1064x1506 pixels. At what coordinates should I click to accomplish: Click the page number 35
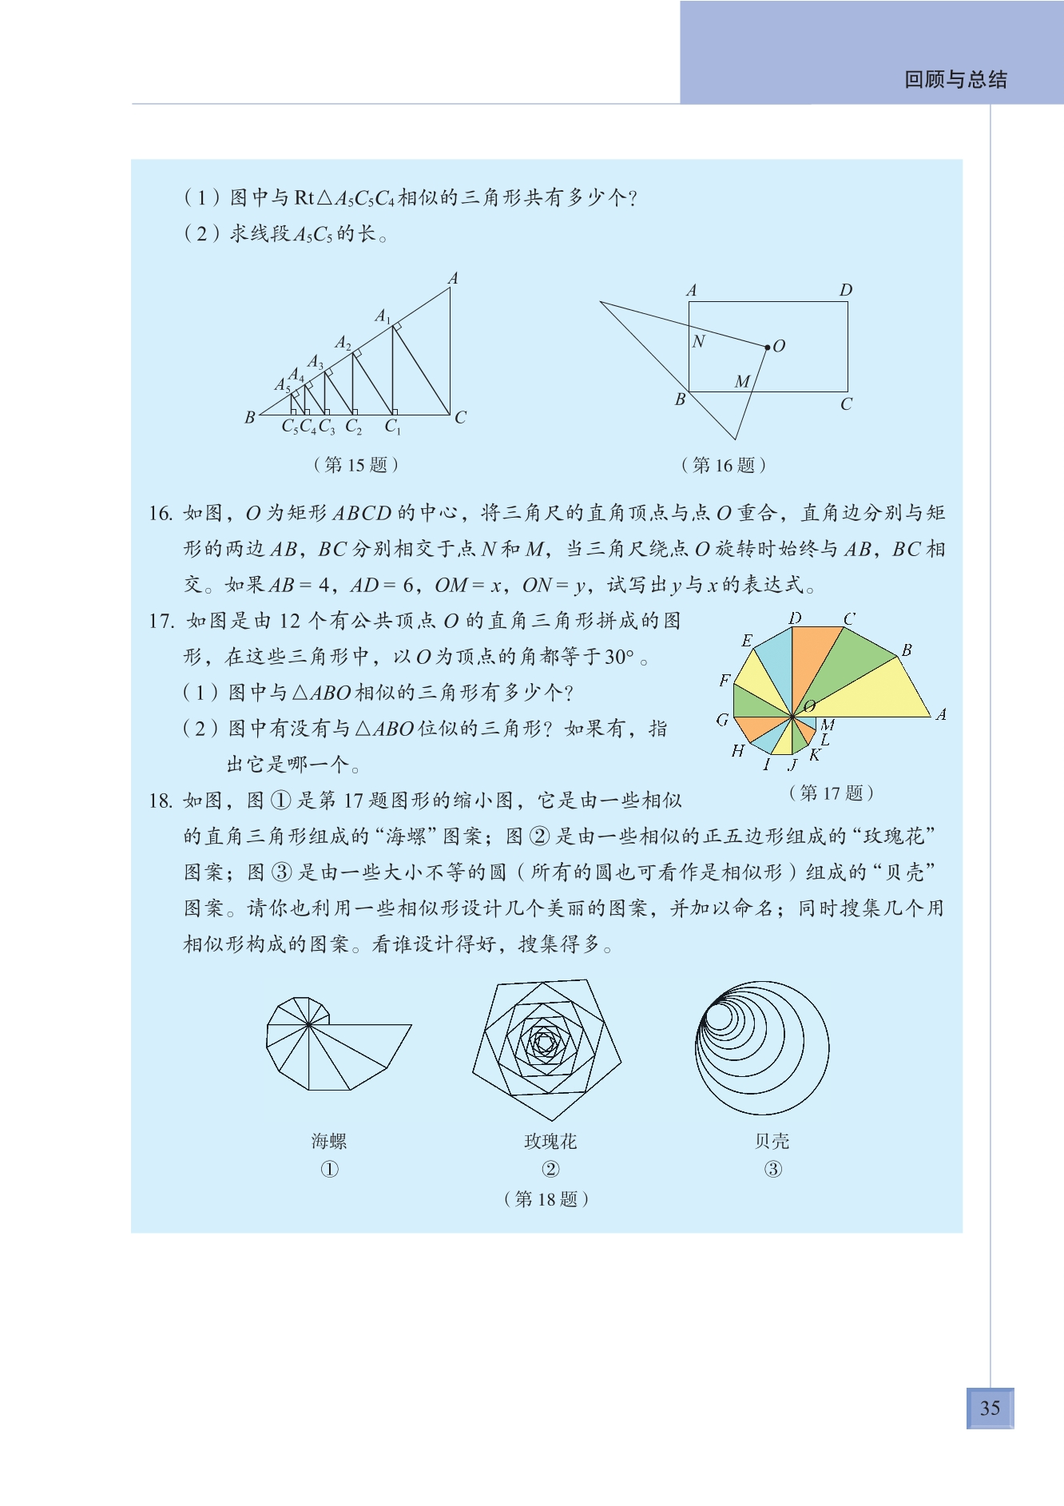[990, 1408]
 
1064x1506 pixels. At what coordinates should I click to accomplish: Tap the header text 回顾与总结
[955, 79]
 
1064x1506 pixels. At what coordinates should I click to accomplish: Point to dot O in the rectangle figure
[768, 348]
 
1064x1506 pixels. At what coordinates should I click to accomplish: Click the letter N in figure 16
[699, 342]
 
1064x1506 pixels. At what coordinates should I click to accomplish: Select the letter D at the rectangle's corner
[846, 290]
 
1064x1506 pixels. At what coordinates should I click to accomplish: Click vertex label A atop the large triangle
[453, 278]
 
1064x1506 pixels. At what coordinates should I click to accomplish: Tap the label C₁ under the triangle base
[392, 427]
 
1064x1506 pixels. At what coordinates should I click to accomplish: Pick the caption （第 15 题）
[355, 464]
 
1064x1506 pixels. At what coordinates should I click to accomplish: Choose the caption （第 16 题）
[723, 465]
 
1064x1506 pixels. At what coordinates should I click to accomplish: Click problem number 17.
[161, 621]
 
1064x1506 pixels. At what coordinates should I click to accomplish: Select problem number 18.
[161, 801]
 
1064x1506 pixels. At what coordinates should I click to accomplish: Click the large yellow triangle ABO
[879, 691]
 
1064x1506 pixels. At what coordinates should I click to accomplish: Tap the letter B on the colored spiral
[907, 650]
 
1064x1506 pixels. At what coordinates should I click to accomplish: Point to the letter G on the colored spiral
[722, 719]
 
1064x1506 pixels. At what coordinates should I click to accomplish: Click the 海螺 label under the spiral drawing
[329, 1141]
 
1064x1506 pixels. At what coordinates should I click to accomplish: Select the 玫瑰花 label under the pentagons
[550, 1141]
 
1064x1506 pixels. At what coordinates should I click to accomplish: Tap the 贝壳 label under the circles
[772, 1141]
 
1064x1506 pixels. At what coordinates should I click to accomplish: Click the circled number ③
[772, 1169]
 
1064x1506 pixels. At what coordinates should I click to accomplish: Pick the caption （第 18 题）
[546, 1198]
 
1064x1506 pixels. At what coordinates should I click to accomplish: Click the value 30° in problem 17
[619, 657]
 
